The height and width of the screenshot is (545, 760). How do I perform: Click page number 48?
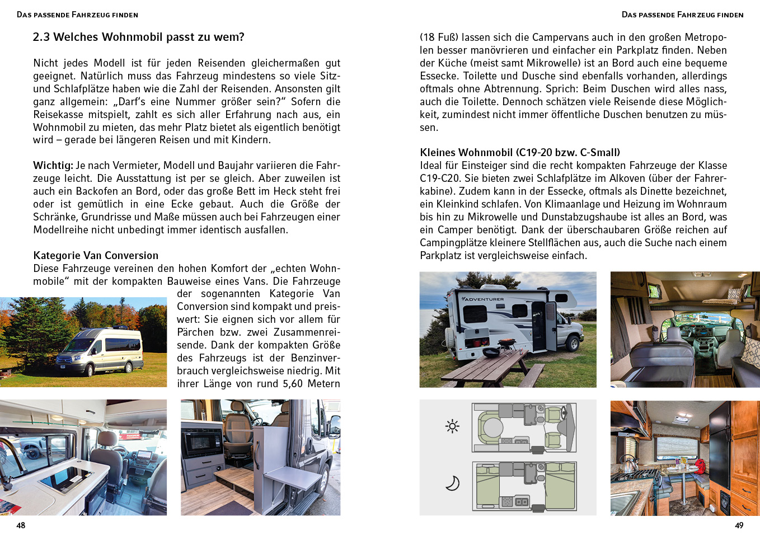click(21, 525)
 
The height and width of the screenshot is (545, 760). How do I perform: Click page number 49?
click(739, 525)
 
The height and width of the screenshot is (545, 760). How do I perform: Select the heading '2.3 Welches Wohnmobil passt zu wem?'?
click(138, 37)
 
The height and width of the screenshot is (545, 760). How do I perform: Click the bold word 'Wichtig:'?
click(53, 166)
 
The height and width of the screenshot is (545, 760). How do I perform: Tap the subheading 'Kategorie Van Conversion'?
click(96, 256)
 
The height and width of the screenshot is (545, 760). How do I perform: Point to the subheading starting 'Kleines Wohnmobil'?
click(519, 153)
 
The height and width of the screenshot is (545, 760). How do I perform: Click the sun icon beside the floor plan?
click(452, 426)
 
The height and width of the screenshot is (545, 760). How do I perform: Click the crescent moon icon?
click(452, 482)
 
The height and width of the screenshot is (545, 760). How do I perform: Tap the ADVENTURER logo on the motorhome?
click(484, 299)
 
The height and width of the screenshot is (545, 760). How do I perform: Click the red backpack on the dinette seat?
click(698, 466)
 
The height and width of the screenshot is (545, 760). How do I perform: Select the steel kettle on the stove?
click(628, 463)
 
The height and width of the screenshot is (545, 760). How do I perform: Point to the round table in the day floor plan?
click(492, 427)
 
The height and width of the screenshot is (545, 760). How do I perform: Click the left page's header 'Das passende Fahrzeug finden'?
click(77, 15)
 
